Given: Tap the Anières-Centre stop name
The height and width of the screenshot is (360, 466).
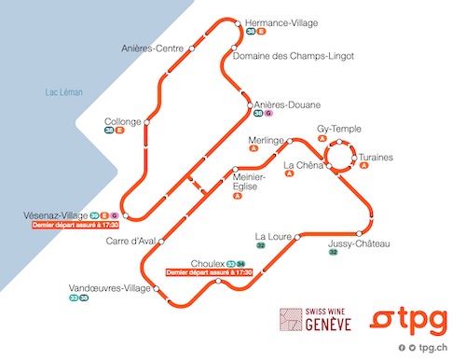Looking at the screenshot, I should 151,48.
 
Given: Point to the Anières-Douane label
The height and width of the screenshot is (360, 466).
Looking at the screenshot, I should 287,104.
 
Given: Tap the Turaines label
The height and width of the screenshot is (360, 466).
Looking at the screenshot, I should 377,158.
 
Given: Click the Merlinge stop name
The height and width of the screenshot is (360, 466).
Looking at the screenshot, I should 266,141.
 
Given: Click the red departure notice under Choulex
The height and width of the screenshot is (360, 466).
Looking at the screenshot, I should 209,272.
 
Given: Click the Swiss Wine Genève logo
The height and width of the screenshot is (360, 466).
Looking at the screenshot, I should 317,318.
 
